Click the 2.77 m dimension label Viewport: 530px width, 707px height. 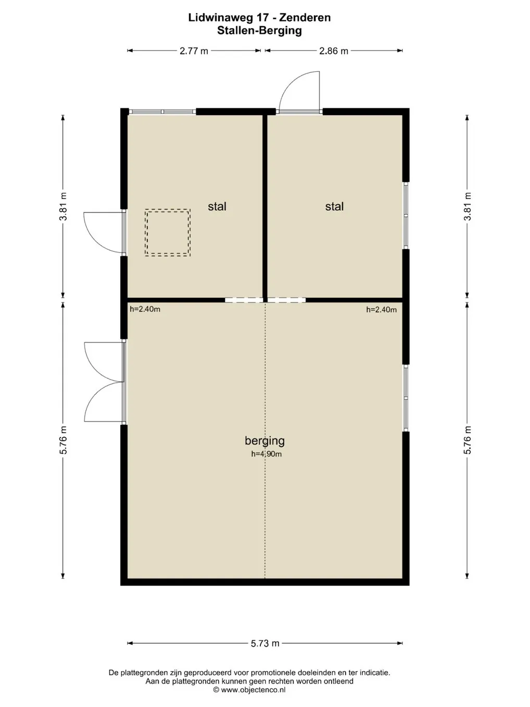click(194, 51)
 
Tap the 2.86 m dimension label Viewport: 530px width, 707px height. click(334, 51)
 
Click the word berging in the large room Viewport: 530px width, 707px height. click(264, 441)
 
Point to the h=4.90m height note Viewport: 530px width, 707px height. click(267, 454)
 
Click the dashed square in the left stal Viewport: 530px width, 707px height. click(168, 233)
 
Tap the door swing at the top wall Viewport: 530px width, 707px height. click(299, 91)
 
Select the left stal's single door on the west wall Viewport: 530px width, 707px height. click(104, 232)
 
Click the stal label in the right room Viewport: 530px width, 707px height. click(335, 207)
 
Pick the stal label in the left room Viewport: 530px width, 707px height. click(217, 207)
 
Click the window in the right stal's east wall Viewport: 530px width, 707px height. click(406, 216)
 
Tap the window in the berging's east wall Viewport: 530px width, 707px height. click(406, 398)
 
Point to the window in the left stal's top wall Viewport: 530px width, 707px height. click(162, 112)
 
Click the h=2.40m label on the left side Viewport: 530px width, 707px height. click(145, 309)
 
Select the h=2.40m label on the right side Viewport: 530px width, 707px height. click(381, 310)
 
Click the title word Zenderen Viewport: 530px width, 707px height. click(305, 17)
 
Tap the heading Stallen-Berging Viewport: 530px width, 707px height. click(259, 31)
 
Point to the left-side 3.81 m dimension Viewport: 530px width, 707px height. click(63, 207)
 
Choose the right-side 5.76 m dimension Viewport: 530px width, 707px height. click(467, 440)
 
